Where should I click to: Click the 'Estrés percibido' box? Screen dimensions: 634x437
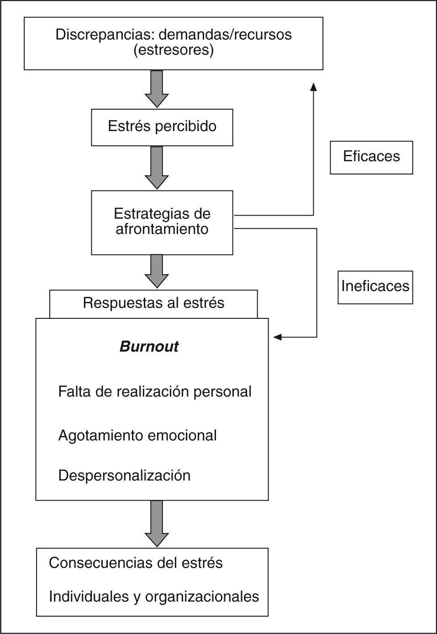click(162, 127)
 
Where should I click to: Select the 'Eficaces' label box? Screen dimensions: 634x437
click(371, 157)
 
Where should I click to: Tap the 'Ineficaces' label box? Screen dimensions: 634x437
click(375, 287)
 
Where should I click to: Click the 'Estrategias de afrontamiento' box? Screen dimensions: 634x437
click(162, 222)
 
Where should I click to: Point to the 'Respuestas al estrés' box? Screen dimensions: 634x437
click(153, 303)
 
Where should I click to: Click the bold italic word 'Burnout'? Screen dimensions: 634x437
click(149, 347)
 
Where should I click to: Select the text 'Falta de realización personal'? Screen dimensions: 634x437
click(155, 392)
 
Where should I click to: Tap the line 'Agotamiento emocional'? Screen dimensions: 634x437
click(137, 436)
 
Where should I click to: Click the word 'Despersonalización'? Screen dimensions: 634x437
click(124, 475)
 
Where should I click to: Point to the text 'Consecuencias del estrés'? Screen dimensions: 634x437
click(136, 563)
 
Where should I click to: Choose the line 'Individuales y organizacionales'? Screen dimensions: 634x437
click(154, 597)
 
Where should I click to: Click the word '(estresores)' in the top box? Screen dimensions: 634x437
click(174, 50)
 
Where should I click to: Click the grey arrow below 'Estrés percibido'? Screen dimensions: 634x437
click(157, 168)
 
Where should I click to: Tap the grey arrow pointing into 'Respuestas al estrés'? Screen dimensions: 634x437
click(157, 271)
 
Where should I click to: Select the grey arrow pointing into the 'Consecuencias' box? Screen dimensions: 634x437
click(157, 523)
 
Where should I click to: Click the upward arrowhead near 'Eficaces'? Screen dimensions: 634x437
click(313, 87)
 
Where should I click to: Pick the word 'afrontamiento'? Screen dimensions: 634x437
click(162, 229)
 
